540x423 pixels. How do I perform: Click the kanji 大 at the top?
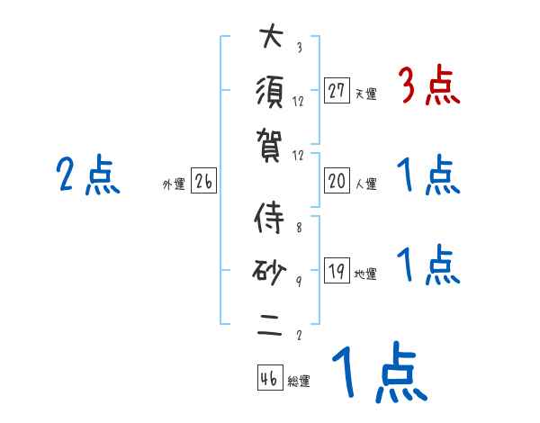[x=270, y=39]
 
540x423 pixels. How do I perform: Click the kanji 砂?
[x=270, y=271]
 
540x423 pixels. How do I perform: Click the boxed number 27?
[x=337, y=91]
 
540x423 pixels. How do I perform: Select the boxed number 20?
[x=337, y=182]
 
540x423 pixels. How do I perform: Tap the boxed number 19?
[x=337, y=272]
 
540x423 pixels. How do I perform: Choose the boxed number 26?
[x=203, y=182]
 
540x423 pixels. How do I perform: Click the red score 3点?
[x=428, y=87]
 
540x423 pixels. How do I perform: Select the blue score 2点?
[x=88, y=176]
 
